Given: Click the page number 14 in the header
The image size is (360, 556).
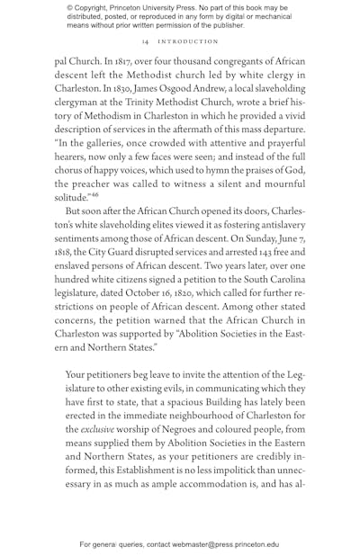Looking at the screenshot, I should [145, 41].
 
